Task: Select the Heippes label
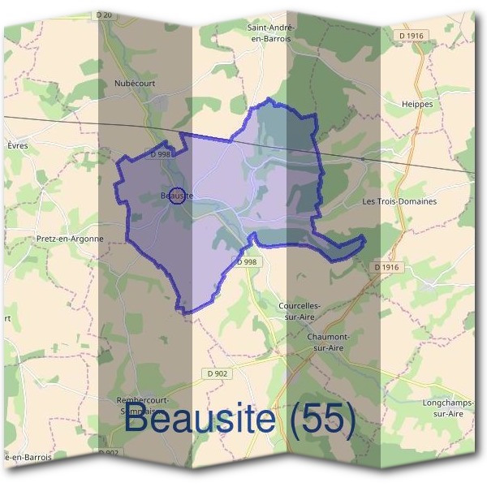(417, 105)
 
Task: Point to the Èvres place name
(17, 145)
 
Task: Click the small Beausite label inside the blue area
(176, 196)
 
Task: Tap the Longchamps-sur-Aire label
(446, 407)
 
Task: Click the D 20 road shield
(102, 15)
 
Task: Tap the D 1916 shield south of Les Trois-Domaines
(389, 267)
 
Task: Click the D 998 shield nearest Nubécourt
(160, 154)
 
